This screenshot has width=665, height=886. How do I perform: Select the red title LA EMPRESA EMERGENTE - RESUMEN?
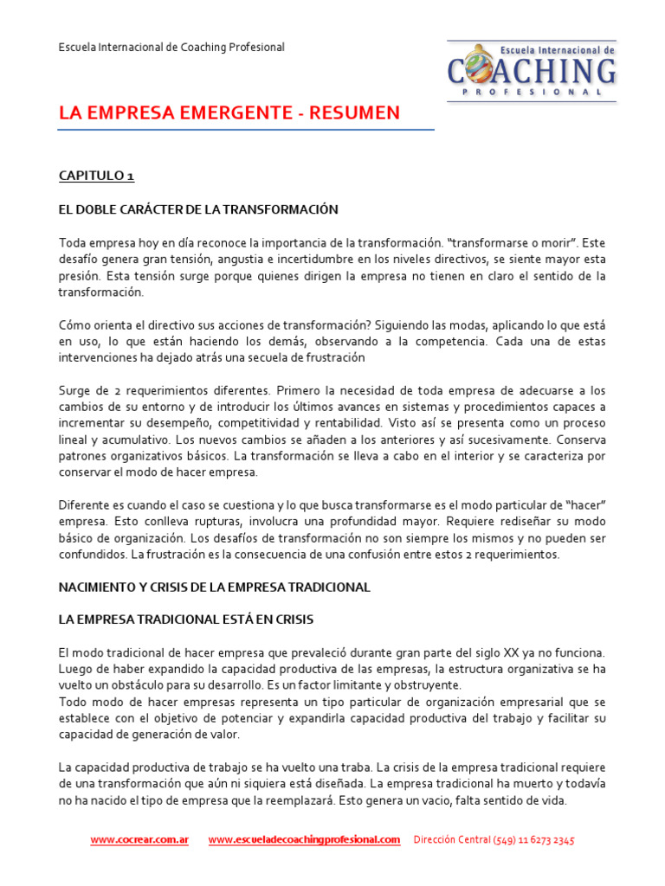point(229,113)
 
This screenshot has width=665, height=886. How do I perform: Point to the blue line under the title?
point(246,131)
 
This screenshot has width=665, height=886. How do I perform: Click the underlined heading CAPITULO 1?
point(96,176)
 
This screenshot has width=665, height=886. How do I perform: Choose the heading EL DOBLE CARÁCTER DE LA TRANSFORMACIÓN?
point(198,209)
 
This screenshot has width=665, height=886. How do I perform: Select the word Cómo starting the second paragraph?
point(74,325)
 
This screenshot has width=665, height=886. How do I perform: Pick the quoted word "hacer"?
point(583,505)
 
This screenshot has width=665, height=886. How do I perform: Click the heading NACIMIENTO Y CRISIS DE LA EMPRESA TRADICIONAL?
point(214,587)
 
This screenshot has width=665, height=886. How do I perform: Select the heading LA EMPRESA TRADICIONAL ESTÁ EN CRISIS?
point(185,620)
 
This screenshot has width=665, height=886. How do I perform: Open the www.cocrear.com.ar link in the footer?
point(139,840)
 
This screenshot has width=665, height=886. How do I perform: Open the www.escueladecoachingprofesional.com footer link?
point(304,840)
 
